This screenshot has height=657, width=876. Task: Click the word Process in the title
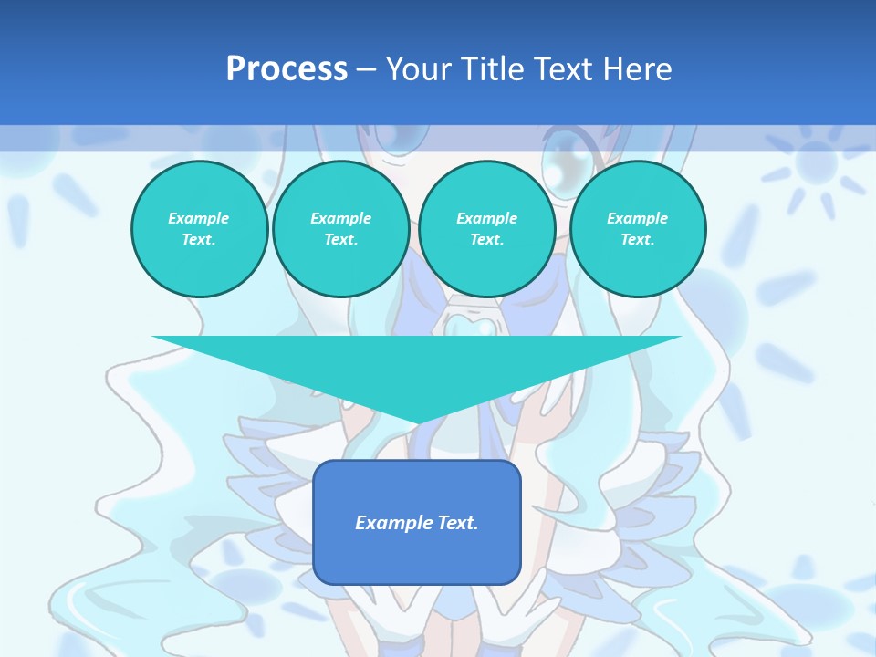[x=287, y=69]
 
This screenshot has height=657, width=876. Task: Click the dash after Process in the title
[x=366, y=70]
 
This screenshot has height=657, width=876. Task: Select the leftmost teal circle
[x=199, y=229]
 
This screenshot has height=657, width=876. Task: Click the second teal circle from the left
[x=340, y=229]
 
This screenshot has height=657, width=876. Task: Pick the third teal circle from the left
[x=486, y=229]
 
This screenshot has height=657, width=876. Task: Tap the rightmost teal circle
[x=637, y=229]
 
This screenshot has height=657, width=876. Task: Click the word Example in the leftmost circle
[x=199, y=218]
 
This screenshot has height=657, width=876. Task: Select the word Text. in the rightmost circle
[x=637, y=240]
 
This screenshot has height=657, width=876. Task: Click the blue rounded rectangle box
[x=417, y=522]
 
